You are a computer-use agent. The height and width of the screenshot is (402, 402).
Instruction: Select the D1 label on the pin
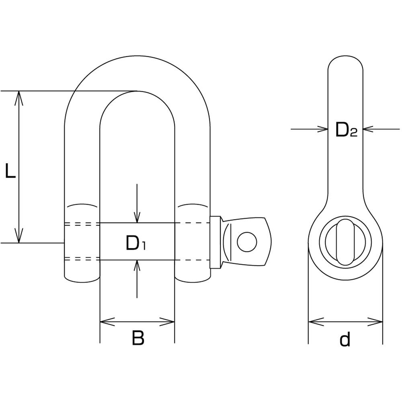click(135, 243)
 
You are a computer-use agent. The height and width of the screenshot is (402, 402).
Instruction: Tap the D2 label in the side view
click(346, 130)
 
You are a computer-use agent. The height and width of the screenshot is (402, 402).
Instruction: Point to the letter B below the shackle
click(138, 338)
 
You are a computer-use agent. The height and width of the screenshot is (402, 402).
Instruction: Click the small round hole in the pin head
click(247, 242)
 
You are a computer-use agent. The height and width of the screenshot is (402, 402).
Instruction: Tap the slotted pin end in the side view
click(345, 242)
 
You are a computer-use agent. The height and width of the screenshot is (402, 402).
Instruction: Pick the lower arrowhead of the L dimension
click(19, 235)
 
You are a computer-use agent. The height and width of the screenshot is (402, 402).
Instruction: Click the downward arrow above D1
click(137, 203)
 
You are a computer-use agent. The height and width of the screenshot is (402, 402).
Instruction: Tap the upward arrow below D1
click(137, 279)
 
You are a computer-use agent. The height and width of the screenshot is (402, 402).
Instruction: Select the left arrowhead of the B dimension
click(107, 322)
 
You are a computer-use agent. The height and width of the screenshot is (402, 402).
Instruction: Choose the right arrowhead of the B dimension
click(167, 322)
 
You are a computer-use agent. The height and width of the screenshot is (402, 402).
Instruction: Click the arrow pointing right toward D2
click(310, 129)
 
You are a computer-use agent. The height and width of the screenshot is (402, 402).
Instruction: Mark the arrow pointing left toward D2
click(381, 129)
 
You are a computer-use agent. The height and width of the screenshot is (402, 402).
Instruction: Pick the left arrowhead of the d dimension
click(316, 322)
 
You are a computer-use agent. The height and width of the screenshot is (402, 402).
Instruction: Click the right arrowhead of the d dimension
click(375, 322)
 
